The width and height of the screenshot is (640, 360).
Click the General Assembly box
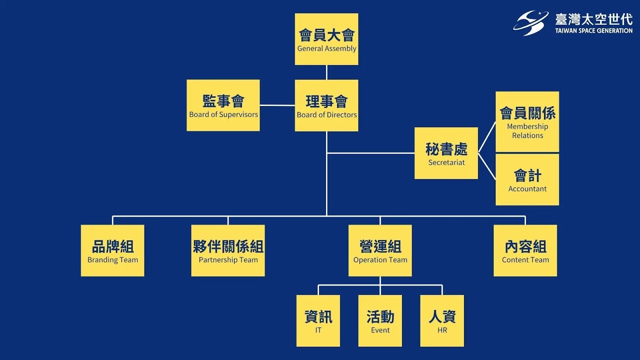(x=326, y=39)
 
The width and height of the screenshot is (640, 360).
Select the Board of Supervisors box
(x=223, y=105)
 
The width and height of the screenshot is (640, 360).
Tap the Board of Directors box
(x=326, y=105)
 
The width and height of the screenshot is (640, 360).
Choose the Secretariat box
(x=446, y=153)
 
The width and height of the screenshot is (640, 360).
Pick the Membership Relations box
(x=527, y=122)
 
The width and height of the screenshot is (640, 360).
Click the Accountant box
(x=527, y=180)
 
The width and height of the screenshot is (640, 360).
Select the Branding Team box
(x=112, y=250)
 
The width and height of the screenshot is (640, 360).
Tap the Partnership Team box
(x=228, y=250)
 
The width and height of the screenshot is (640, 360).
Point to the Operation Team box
(x=380, y=250)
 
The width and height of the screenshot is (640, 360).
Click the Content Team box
(x=525, y=250)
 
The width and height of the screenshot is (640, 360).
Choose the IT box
(x=318, y=320)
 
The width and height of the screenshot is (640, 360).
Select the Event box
(x=380, y=320)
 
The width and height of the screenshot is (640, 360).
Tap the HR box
(x=442, y=320)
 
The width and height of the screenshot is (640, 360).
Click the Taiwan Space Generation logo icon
(x=531, y=23)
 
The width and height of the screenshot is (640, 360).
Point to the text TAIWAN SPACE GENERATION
(x=594, y=31)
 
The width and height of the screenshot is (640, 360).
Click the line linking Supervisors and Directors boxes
(x=277, y=105)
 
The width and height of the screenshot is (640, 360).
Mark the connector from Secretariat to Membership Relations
(x=487, y=138)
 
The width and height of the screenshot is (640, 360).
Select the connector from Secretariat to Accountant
(x=487, y=166)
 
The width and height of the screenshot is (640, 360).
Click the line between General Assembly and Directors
(x=326, y=72)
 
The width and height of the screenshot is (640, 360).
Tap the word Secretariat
(x=446, y=162)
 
